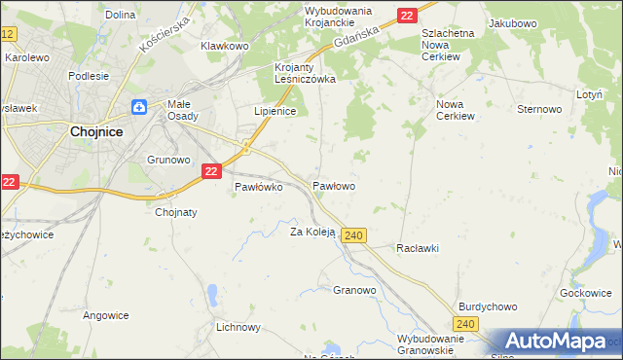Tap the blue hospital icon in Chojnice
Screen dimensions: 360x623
pyautogui.click(x=139, y=107)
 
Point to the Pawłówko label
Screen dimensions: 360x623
pyautogui.click(x=258, y=188)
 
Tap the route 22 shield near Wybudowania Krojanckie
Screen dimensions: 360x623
pyautogui.click(x=407, y=15)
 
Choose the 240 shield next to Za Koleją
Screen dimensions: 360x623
pyautogui.click(x=354, y=235)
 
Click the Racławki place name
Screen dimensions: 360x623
pyautogui.click(x=418, y=248)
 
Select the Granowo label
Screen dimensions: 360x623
pyautogui.click(x=354, y=290)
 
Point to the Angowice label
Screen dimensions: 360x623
pyautogui.click(x=106, y=314)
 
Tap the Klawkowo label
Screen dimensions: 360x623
pyautogui.click(x=225, y=46)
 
